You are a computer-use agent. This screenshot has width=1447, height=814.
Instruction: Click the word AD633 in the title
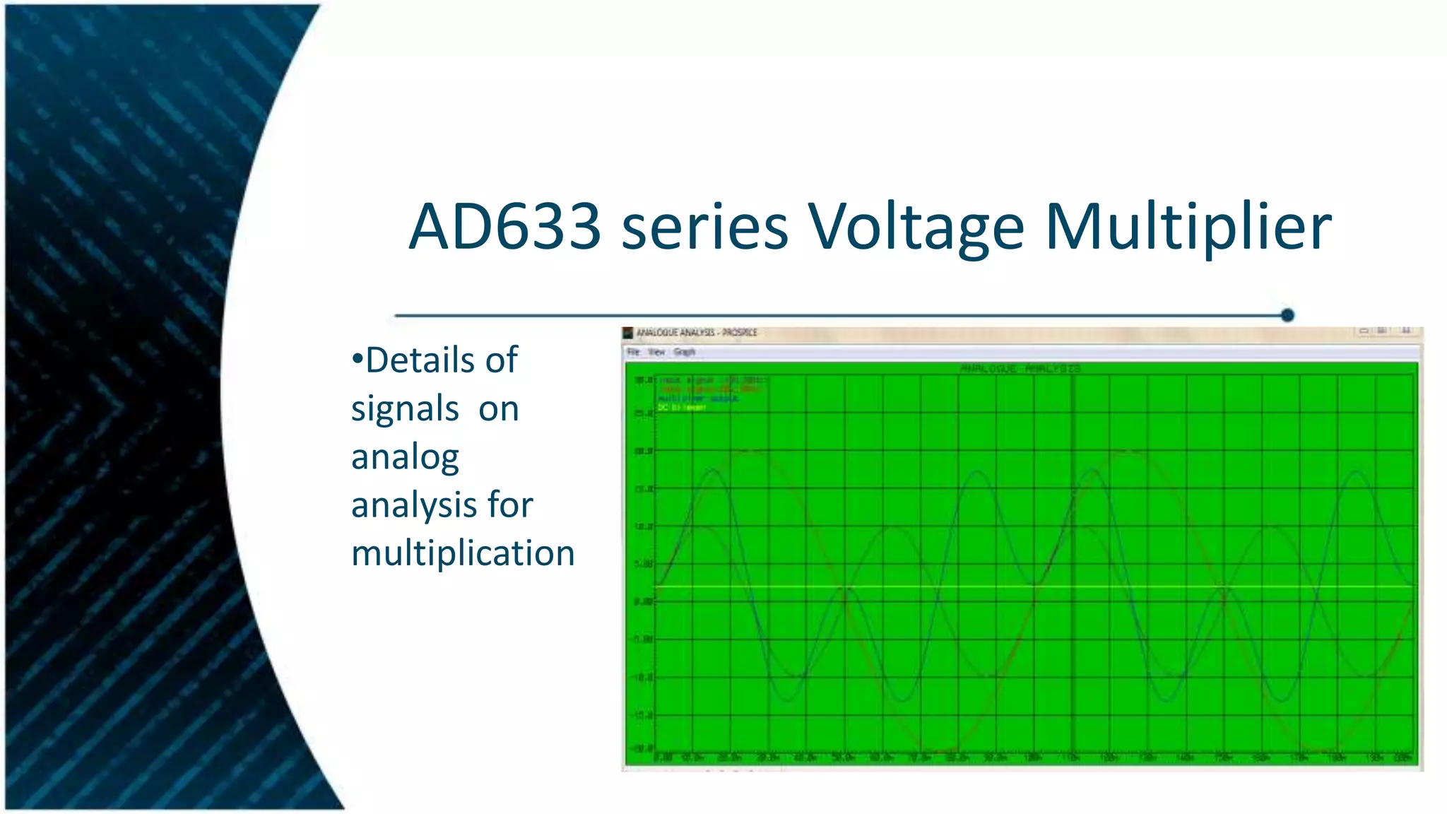504,227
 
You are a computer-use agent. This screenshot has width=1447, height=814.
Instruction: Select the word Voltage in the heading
916,227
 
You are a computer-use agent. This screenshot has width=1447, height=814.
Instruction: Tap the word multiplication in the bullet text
463,553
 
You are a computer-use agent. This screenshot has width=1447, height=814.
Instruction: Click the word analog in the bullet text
405,456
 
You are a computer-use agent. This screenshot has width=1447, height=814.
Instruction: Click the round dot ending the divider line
1287,315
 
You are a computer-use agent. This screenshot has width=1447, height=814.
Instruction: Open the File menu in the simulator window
633,352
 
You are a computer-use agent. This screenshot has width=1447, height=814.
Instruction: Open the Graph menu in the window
684,352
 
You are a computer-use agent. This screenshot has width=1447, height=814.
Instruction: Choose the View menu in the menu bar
656,352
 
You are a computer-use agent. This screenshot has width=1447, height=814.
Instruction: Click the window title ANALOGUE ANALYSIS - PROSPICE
696,333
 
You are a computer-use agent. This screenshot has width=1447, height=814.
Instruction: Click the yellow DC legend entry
682,408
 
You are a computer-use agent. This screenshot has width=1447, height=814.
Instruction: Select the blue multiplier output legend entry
698,399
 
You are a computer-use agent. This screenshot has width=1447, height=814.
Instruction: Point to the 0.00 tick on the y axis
644,602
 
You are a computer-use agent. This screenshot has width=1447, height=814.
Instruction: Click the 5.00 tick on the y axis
644,564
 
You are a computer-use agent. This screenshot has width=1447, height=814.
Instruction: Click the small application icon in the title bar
627,333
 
